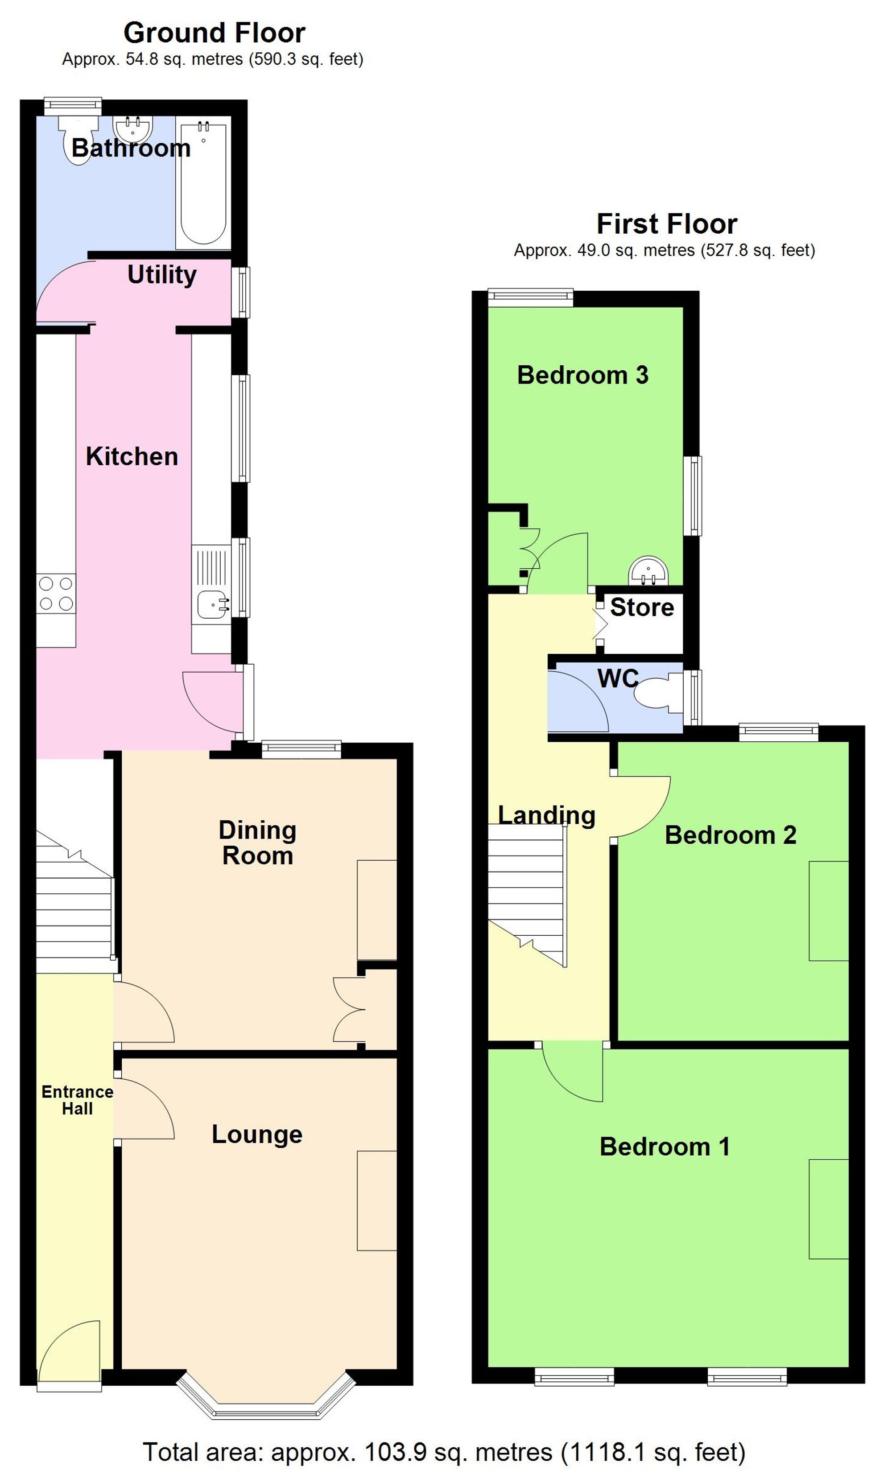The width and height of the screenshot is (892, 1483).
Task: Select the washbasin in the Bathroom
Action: tap(132, 128)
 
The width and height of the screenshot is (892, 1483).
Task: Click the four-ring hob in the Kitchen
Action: tap(56, 593)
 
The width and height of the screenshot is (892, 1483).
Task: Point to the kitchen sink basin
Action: tap(211, 603)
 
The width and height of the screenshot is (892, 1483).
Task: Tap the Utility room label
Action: tap(162, 275)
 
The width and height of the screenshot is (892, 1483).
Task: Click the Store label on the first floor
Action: tap(642, 607)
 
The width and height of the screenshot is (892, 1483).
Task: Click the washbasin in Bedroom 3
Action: tap(648, 571)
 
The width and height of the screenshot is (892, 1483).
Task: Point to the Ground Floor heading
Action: tap(214, 33)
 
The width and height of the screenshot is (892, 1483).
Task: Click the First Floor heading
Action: tap(667, 224)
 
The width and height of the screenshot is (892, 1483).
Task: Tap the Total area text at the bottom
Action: tap(444, 1452)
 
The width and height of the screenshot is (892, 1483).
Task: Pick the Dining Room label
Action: tap(257, 843)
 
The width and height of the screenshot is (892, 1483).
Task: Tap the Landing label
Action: tap(546, 815)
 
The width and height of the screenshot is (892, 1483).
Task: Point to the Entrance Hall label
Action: tap(77, 1100)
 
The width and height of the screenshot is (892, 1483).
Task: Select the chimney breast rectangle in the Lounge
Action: tap(377, 1201)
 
